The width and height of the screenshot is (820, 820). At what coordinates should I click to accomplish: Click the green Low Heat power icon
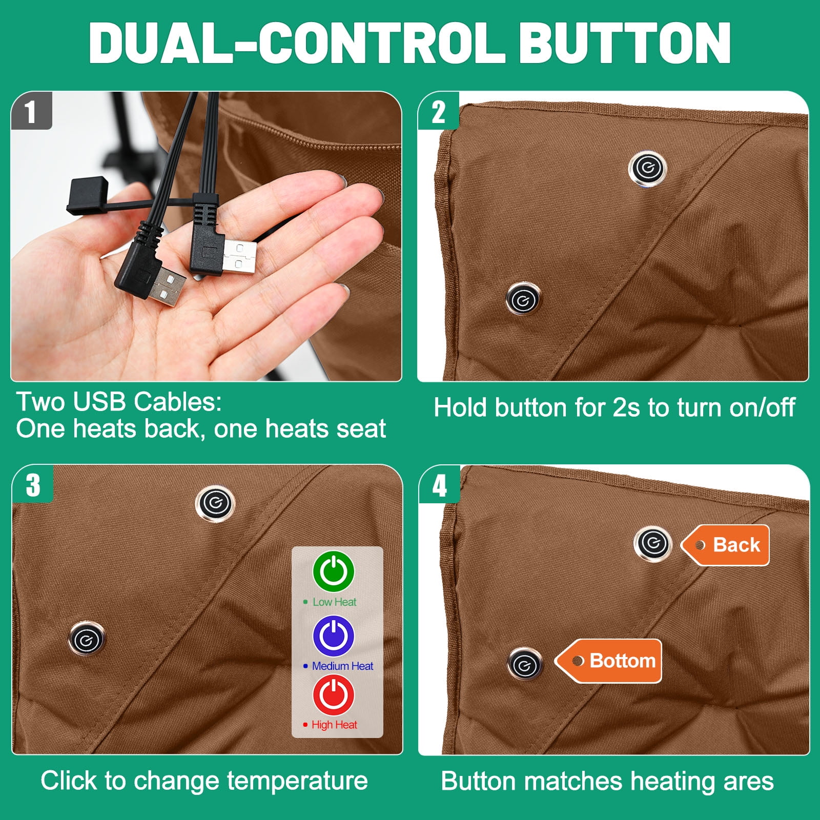coord(334,571)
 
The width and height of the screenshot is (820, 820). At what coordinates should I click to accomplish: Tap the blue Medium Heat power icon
coord(334,635)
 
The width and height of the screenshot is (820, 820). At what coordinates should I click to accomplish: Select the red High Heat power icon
coord(334,695)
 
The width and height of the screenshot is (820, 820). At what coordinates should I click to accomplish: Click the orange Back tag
coord(725,545)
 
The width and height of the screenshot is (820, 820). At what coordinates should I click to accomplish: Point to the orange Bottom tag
coord(608,661)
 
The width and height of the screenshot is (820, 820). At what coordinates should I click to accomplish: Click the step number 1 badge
coord(31,111)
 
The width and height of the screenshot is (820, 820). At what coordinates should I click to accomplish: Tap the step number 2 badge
coord(439,111)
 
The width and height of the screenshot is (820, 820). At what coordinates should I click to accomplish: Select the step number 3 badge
coord(33,484)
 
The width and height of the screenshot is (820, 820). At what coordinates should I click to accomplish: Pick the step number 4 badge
coord(440,485)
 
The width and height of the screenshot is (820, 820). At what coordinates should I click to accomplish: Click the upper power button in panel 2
coord(648,168)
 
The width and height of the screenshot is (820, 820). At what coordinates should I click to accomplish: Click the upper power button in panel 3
coord(215,503)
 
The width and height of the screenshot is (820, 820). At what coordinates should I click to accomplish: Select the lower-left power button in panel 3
coord(86,639)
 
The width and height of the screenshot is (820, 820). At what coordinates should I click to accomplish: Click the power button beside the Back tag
coord(653,544)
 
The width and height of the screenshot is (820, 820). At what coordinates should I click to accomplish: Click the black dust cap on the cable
coord(88,195)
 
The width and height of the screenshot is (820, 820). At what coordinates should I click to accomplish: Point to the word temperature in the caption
coord(297,781)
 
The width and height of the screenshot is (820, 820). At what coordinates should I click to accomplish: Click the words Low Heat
coord(334,602)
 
